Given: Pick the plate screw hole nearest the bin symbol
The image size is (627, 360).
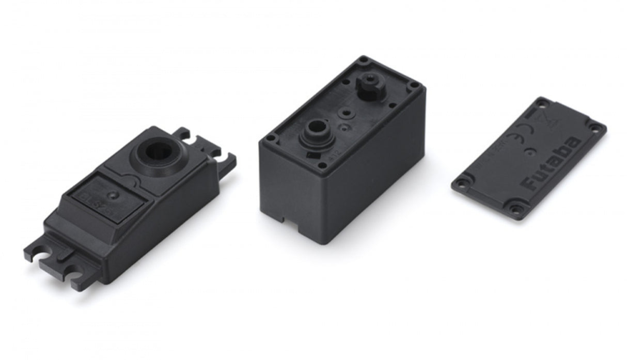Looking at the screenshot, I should click(x=541, y=103).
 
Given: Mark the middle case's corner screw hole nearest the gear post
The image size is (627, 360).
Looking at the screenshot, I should click(x=365, y=61).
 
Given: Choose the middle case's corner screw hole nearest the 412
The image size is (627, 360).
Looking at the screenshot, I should click(x=323, y=166).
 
